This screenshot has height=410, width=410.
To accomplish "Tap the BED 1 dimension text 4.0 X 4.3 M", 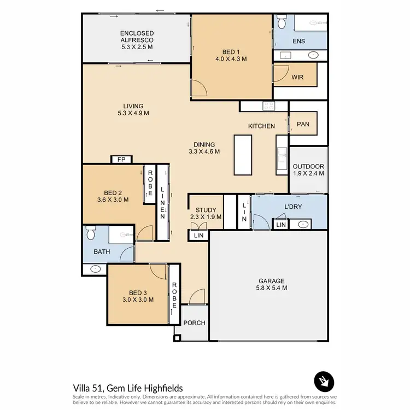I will pos(231,58).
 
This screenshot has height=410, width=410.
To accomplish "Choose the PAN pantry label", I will pos(303,124).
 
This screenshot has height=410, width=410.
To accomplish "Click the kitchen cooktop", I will pos(268,106).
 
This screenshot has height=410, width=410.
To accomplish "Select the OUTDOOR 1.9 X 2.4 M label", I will pos(308,169).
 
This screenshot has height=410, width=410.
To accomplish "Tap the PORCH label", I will pos(194,323).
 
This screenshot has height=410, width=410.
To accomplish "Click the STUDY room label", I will pos(206,210).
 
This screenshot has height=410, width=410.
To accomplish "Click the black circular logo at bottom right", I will pos(323,380).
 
